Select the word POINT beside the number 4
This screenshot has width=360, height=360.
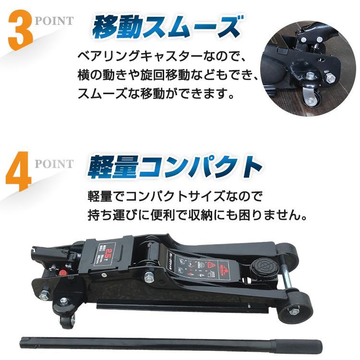coord(54,164)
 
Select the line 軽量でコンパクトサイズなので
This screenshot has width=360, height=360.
coord(176,196)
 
